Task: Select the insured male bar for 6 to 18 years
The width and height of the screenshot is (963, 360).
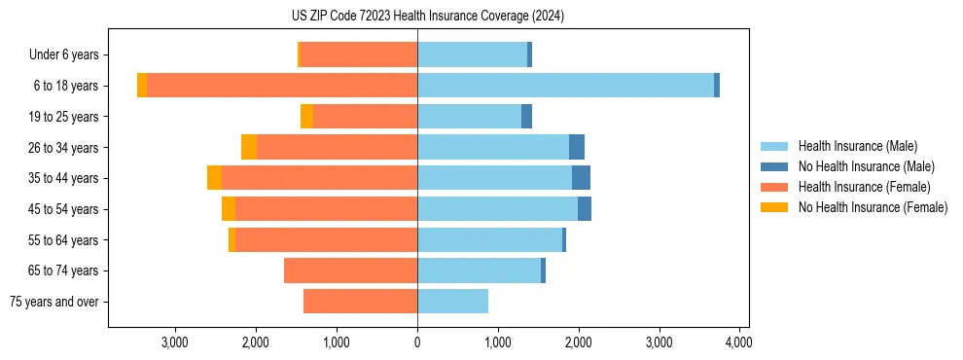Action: (x=564, y=86)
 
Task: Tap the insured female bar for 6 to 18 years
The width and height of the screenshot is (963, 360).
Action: (x=282, y=86)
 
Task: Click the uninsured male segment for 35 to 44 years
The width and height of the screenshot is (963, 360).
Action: (x=581, y=178)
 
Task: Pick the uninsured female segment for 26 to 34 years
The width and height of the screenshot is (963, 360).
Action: (x=249, y=147)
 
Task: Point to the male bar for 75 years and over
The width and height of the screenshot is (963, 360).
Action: (x=452, y=302)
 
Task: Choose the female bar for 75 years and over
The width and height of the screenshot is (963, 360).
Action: (x=360, y=302)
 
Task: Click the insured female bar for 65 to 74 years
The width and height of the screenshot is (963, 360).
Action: (x=350, y=270)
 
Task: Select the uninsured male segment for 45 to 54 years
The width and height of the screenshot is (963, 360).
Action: (x=585, y=209)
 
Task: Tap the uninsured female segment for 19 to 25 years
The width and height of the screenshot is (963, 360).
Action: (x=306, y=117)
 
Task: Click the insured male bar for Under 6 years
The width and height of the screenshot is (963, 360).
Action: (x=472, y=54)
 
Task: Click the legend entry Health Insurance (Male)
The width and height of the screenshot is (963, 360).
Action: (x=857, y=146)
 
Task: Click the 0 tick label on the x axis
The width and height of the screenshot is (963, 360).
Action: (x=417, y=342)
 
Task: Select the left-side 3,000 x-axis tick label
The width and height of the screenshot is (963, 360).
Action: (x=175, y=342)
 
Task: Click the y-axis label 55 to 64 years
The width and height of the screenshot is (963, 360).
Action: (x=63, y=240)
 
